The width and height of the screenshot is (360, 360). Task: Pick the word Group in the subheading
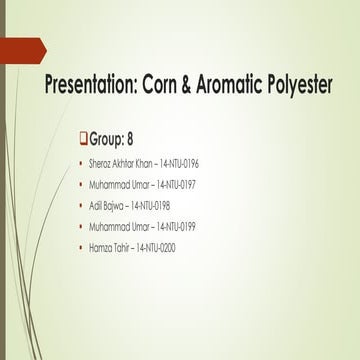109,137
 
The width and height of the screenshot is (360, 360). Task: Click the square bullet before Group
82,137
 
